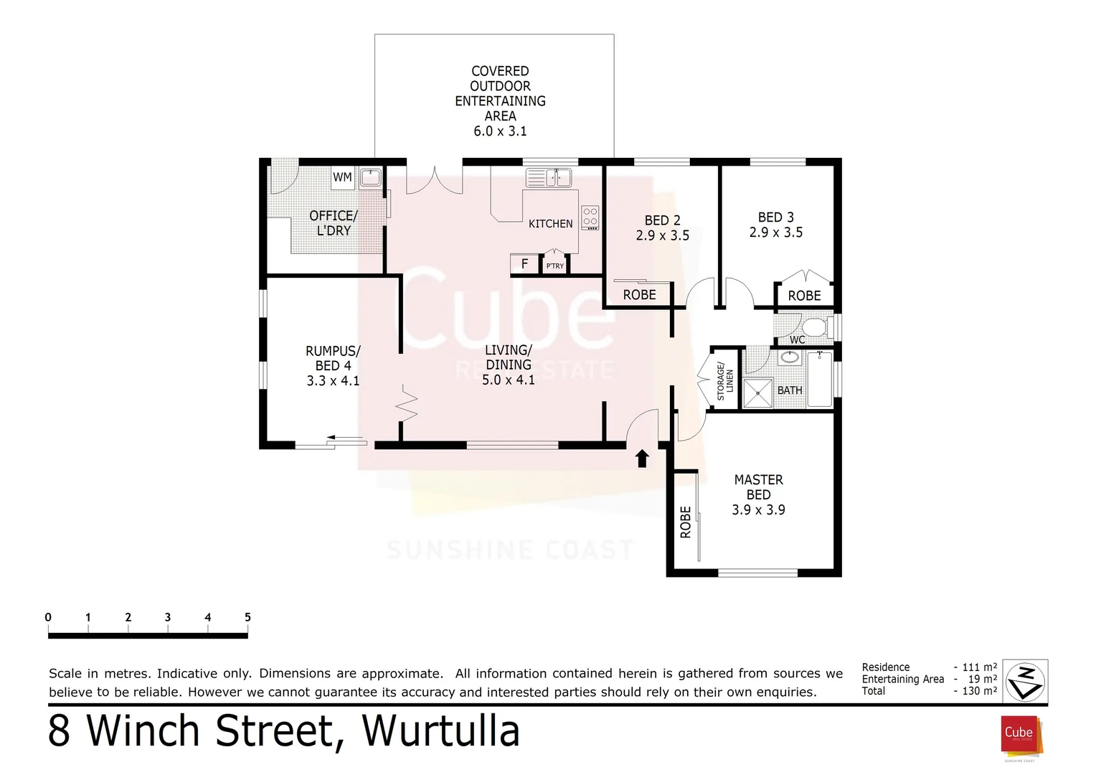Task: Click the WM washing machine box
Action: [342, 177]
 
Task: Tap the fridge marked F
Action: [524, 264]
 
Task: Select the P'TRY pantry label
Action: [554, 266]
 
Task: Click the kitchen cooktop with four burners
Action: [590, 217]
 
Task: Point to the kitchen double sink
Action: [549, 177]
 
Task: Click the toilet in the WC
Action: [813, 328]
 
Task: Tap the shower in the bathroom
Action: [757, 393]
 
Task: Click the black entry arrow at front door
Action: [642, 459]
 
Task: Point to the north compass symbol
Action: [1025, 680]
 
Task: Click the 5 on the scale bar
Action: [247, 617]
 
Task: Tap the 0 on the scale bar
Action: [48, 617]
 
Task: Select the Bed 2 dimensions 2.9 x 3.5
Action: [662, 235]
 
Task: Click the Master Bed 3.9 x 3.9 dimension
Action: [758, 510]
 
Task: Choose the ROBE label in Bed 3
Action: [804, 296]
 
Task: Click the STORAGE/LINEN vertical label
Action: [725, 380]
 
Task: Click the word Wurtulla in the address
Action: [440, 731]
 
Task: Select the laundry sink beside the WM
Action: [370, 177]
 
